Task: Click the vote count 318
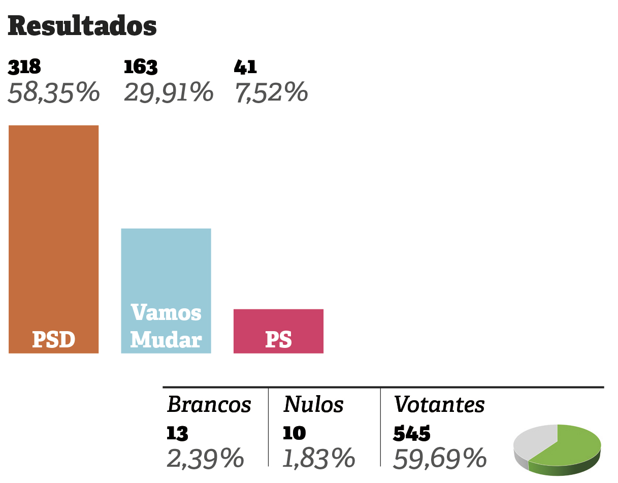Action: tap(24, 67)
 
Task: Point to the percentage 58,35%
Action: tap(53, 93)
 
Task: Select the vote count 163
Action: tap(141, 67)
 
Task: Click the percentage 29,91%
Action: tap(168, 93)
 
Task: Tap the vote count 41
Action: tap(245, 67)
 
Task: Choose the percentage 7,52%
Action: tap(271, 93)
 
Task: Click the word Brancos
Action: tap(209, 405)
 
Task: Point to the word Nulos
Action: tap(313, 405)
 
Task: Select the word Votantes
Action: tap(439, 405)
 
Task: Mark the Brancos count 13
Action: tap(177, 433)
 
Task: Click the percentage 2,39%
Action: tap(205, 459)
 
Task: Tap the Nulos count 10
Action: tap(295, 433)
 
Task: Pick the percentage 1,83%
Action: tap(318, 459)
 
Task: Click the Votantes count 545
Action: tap(412, 433)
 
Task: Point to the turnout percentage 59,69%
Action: tap(440, 459)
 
